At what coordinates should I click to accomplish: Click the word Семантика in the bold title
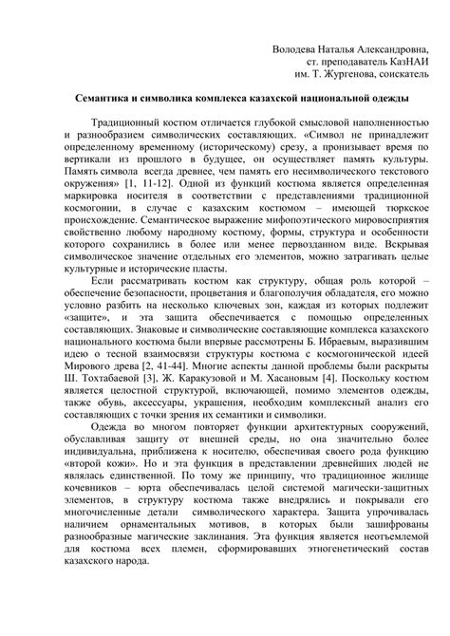(111, 99)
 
